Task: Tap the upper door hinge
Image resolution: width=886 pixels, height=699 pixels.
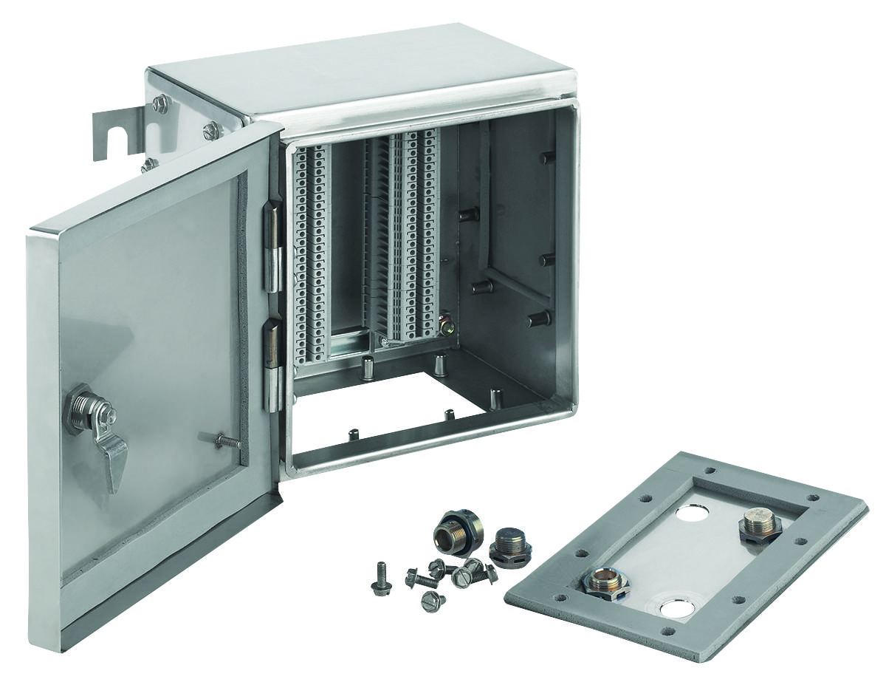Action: pyautogui.click(x=272, y=248)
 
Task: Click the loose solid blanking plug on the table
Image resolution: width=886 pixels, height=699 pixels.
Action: pyautogui.click(x=509, y=545)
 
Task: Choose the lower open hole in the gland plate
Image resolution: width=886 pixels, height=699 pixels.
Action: pyautogui.click(x=677, y=609)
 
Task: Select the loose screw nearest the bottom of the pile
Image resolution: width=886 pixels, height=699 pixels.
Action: pyautogui.click(x=433, y=601)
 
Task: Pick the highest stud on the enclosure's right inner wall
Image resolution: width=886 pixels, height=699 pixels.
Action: pyautogui.click(x=547, y=157)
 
